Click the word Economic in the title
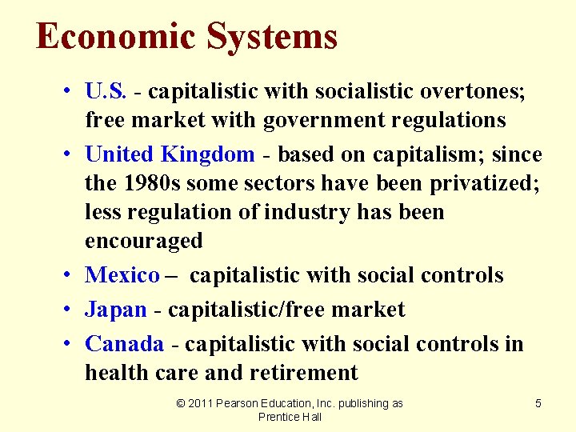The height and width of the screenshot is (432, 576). pyautogui.click(x=115, y=37)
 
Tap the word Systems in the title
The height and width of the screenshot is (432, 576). pyautogui.click(x=272, y=37)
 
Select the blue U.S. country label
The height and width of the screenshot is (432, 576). pyautogui.click(x=106, y=91)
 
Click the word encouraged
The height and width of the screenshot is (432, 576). pyautogui.click(x=144, y=241)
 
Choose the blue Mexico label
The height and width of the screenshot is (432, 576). pyautogui.click(x=122, y=275)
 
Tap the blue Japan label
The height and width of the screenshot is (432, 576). pyautogui.click(x=116, y=310)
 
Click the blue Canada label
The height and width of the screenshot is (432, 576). pyautogui.click(x=125, y=344)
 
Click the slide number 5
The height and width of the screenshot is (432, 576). pyautogui.click(x=538, y=404)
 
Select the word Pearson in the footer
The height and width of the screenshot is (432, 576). pyautogui.click(x=242, y=404)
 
